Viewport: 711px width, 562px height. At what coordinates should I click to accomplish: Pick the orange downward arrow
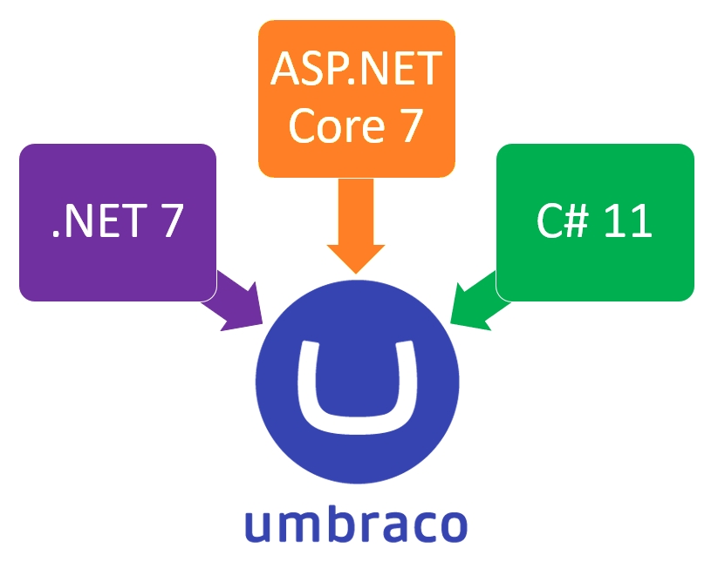(x=356, y=227)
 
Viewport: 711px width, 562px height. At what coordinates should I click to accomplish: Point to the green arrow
(x=478, y=301)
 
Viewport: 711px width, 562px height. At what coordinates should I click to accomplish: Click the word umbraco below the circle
(x=356, y=525)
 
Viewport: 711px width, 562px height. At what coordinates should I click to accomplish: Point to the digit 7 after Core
(x=407, y=125)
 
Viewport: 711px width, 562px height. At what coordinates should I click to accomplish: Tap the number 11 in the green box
(x=626, y=221)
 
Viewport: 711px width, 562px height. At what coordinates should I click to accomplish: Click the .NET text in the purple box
(x=92, y=221)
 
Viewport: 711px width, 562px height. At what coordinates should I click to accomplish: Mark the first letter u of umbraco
(x=258, y=526)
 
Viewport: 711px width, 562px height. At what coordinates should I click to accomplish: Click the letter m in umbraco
(x=297, y=526)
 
